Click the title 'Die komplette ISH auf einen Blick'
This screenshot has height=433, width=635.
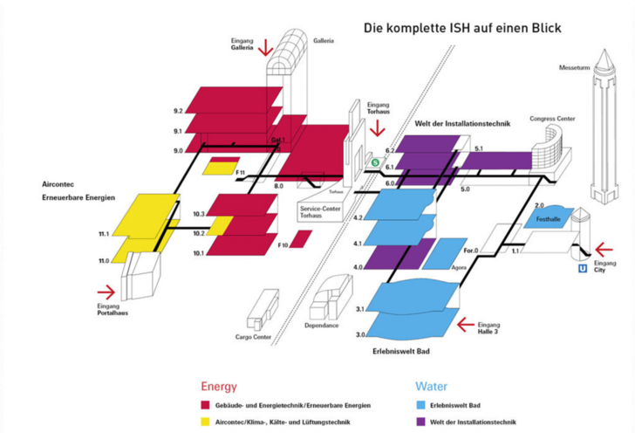coord(462,29)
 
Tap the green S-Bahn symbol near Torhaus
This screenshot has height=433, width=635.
coord(375,162)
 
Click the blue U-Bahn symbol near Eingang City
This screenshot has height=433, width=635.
coord(582,270)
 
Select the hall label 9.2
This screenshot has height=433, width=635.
coord(178,112)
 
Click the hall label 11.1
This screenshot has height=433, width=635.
coord(103,235)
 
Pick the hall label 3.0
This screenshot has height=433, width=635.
coord(360,334)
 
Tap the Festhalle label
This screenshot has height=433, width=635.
coord(549,218)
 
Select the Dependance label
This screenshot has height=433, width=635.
coord(322,326)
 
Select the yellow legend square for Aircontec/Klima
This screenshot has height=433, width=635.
coord(205,422)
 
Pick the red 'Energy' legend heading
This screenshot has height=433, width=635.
coord(219,385)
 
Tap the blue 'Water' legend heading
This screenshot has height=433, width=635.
coord(431,385)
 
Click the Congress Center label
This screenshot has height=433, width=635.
coord(550,119)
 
